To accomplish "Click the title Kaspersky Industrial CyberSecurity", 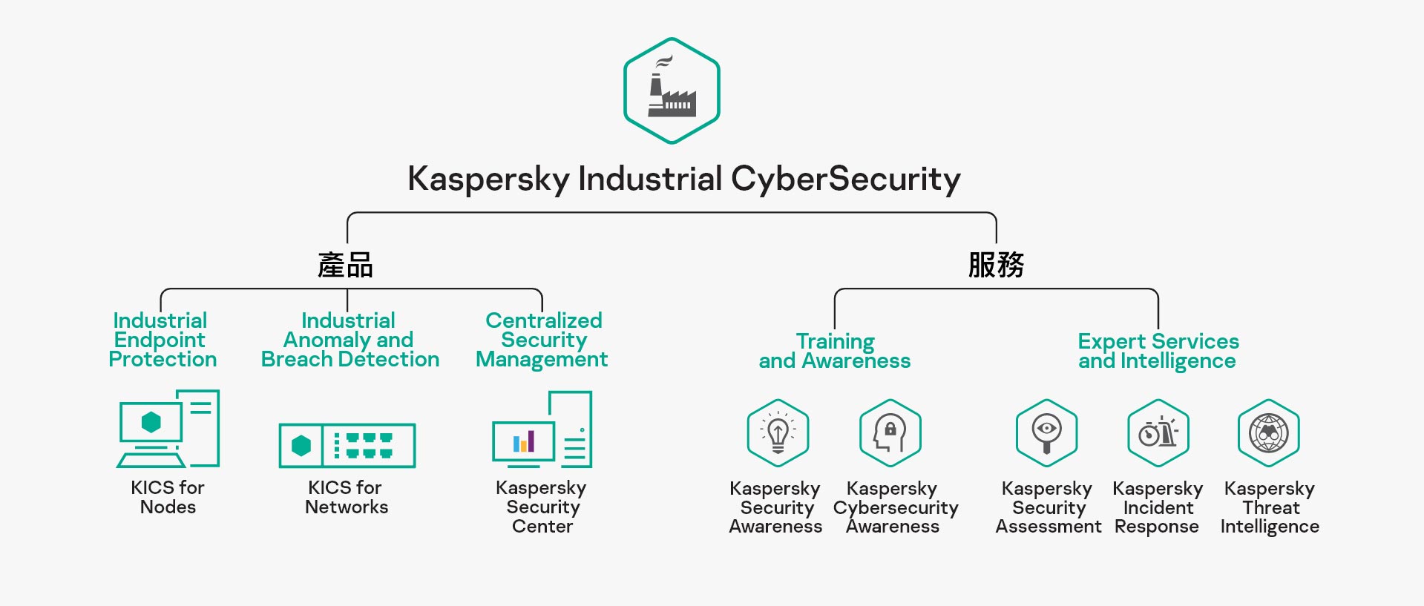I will click(683, 179).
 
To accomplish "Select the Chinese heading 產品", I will click(345, 265).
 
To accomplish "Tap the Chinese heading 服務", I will click(996, 265).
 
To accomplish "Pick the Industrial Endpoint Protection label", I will click(162, 340).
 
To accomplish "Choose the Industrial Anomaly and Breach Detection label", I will click(350, 340).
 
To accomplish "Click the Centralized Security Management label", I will click(542, 340).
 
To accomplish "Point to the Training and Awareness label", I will click(835, 351).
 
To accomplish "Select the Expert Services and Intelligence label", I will click(1158, 351).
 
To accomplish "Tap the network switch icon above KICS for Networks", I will click(347, 445).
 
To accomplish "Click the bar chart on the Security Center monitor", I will click(524, 442).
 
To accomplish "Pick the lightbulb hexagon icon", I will click(778, 433).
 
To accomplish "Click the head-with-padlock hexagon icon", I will click(890, 433).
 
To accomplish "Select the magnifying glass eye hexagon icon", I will click(1046, 433).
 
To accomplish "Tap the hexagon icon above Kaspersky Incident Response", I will click(1158, 433).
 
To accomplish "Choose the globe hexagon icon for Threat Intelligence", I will click(1269, 433).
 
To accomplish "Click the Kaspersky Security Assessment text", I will click(1048, 507).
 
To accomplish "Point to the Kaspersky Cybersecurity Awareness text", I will click(895, 507).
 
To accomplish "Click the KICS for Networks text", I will click(346, 497).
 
